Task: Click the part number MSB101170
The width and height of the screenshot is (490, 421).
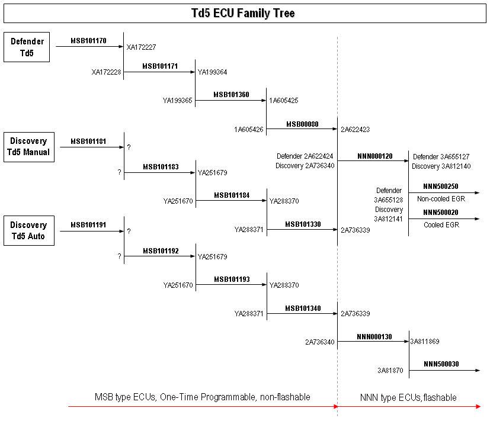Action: [x=88, y=41]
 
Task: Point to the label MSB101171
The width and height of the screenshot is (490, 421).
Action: [x=160, y=66]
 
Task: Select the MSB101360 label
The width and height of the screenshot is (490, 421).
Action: [x=231, y=94]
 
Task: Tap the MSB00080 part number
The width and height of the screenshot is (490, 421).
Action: [x=302, y=124]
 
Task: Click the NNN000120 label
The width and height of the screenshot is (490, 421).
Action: [x=374, y=156]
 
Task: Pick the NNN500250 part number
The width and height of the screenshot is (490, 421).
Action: [x=441, y=187]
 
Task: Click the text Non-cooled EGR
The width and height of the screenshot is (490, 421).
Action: [x=441, y=199]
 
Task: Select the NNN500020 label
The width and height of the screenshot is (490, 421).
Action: [x=441, y=213]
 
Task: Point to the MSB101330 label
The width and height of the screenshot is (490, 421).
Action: [x=303, y=224]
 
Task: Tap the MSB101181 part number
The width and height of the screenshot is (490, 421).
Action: [x=88, y=142]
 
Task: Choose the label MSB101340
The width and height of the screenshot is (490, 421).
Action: [x=303, y=308]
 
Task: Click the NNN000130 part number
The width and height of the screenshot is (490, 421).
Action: [x=374, y=337]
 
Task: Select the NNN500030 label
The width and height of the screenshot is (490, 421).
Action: [x=441, y=364]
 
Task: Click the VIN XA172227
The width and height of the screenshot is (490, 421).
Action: [x=141, y=47]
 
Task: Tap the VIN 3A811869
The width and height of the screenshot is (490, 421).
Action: [x=425, y=342]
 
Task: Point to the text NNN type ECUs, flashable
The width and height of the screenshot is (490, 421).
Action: [x=409, y=397]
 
